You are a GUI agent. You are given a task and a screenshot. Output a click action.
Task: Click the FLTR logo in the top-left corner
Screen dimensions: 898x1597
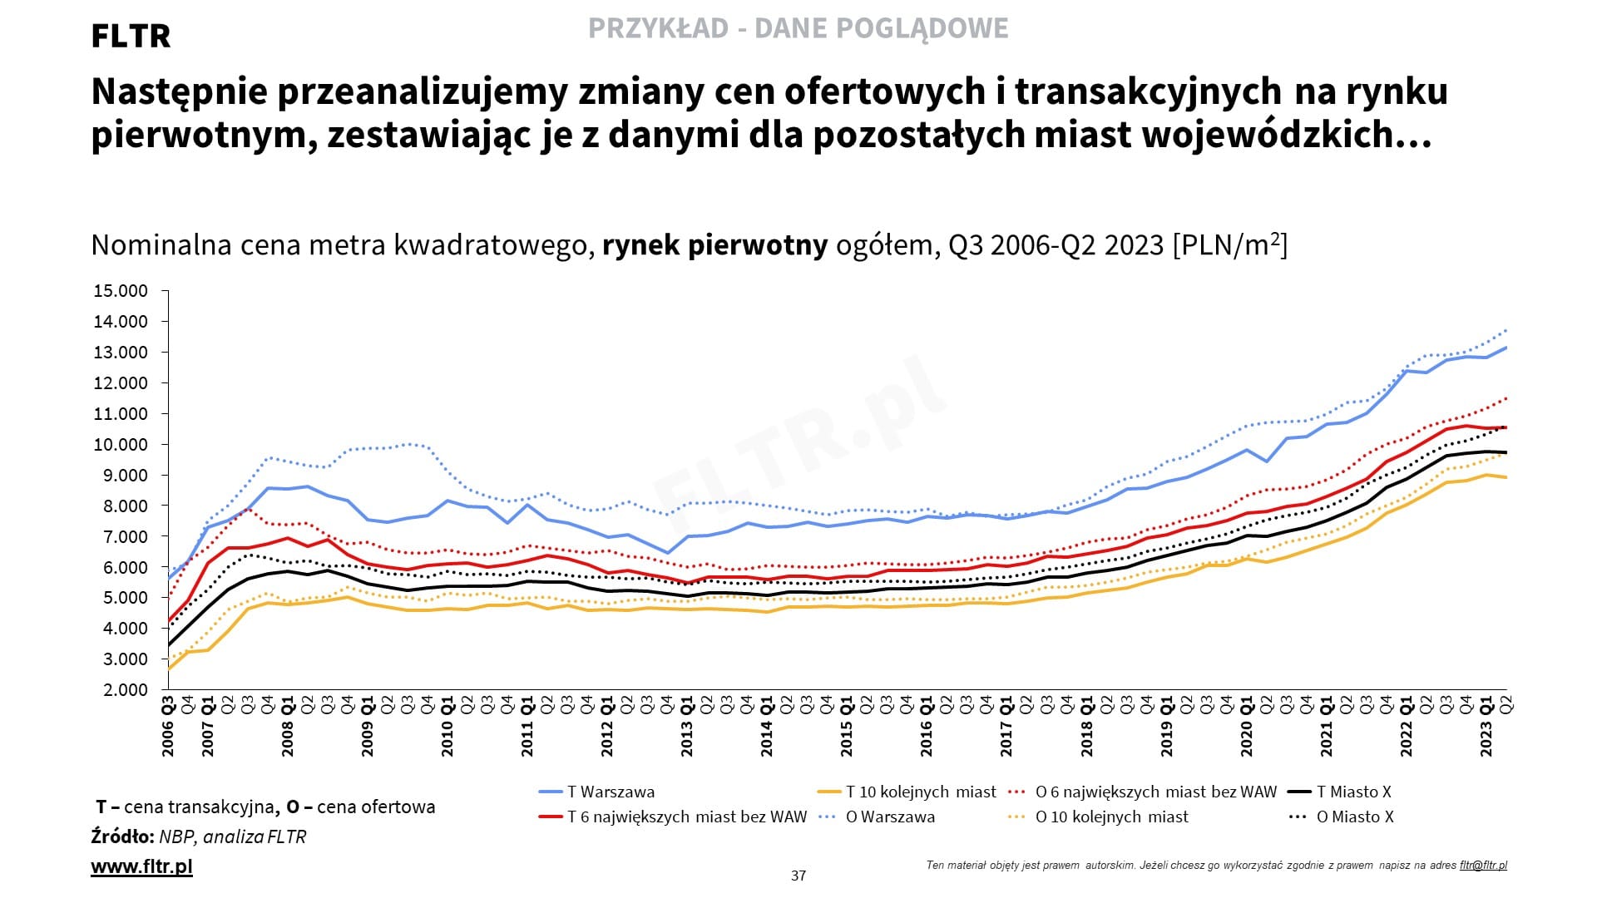[131, 37]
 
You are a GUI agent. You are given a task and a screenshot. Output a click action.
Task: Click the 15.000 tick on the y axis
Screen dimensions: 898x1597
[121, 291]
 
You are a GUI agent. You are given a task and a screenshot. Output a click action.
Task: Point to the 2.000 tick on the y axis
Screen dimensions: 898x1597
[121, 689]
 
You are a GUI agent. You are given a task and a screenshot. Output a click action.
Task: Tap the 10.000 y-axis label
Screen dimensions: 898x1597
[121, 444]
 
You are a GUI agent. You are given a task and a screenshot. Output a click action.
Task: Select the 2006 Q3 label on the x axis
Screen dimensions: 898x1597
[168, 727]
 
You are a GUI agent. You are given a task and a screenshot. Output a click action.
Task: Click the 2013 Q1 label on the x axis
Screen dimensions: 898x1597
[687, 727]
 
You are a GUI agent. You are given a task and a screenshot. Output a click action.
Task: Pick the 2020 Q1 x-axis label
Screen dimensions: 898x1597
[1246, 727]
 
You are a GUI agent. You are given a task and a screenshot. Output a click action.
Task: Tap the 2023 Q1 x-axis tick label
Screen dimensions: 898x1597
[1486, 727]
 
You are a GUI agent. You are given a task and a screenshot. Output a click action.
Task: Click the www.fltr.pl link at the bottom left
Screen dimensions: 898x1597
[141, 866]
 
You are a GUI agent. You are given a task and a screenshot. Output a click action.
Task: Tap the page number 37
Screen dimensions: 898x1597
[798, 876]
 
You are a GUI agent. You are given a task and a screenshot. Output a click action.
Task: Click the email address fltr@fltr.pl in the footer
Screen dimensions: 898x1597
[1483, 865]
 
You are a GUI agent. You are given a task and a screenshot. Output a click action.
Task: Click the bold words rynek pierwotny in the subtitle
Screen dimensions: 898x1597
[714, 245]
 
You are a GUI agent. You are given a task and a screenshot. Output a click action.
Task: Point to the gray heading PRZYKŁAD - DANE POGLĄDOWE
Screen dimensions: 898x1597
[798, 28]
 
